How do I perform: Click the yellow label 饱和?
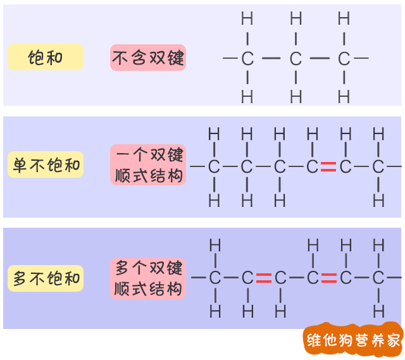pos(46,58)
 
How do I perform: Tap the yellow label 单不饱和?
pos(46,166)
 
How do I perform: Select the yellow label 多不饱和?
pos(46,278)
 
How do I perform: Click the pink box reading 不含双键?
pos(148,58)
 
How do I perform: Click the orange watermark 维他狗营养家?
pos(353,341)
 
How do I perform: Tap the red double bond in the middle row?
pos(328,167)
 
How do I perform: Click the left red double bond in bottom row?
pos(264,278)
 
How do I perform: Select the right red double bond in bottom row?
pos(328,278)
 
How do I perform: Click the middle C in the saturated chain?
pos(296,59)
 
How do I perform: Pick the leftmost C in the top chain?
pos(247,59)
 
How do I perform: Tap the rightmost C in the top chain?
pos(344,59)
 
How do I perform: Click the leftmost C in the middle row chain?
pos(214,167)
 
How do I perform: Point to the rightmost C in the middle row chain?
pos(378,167)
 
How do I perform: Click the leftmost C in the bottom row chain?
pos(215,278)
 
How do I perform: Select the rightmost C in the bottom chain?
pos(378,278)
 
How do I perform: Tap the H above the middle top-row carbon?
pos(296,19)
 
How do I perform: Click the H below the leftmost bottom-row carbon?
pos(215,311)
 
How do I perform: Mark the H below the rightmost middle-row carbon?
pos(378,201)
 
